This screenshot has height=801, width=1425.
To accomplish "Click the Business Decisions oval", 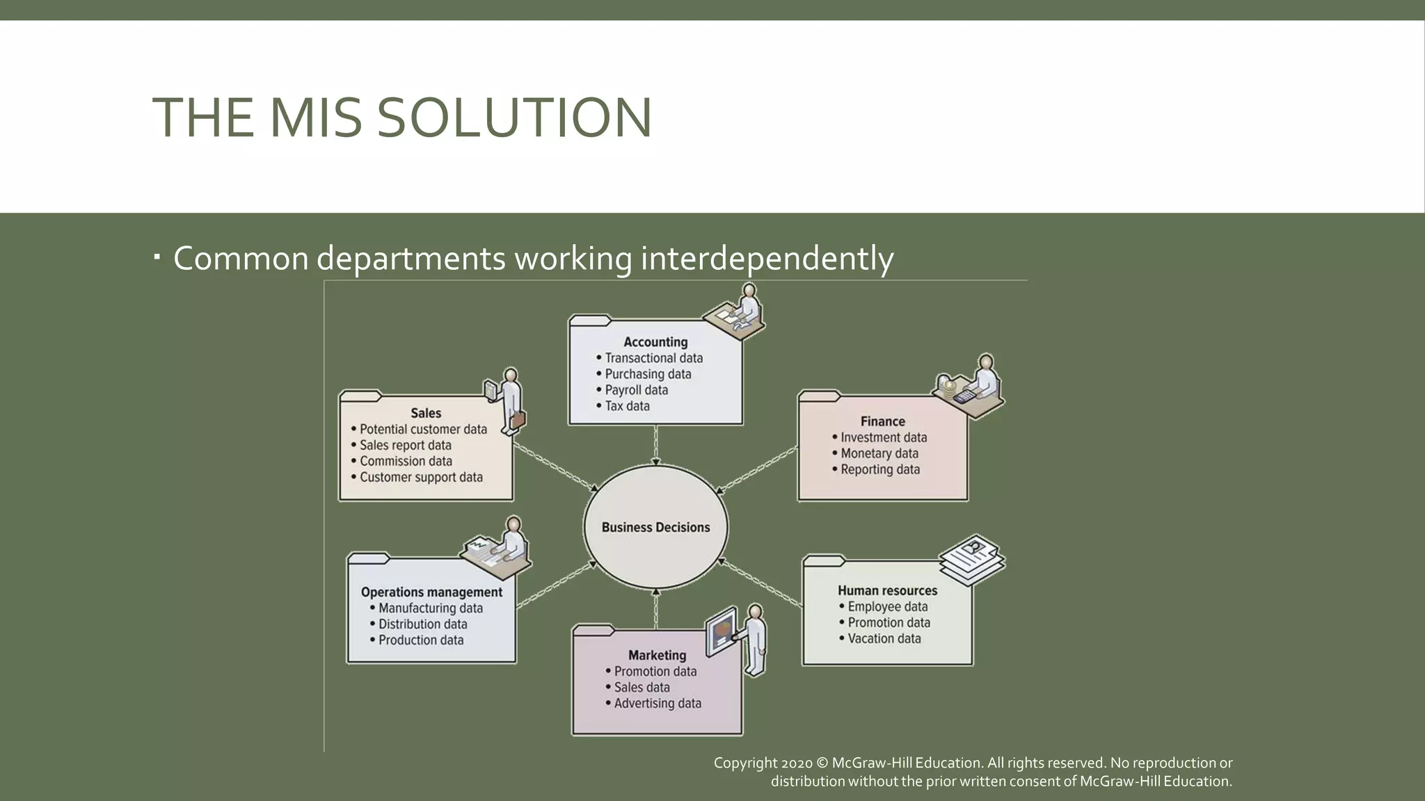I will point(655,527).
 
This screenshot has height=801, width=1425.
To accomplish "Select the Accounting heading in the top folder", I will point(655,342).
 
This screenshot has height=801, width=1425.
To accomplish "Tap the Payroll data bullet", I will point(636,390).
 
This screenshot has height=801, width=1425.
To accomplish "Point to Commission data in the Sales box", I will point(406,461).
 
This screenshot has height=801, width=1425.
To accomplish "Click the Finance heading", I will point(882,421).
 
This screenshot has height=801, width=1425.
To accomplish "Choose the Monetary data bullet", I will point(879,453).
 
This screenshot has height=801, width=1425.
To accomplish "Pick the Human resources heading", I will point(887,590).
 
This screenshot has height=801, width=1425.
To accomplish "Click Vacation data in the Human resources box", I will point(884,638).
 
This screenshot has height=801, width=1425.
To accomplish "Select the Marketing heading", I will point(657,655).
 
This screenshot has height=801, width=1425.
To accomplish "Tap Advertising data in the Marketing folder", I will point(658,703).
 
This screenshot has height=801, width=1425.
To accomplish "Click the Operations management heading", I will point(431,592).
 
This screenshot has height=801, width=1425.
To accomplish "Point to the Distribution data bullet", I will point(422,624).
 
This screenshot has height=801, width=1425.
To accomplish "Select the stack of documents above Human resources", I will point(972,557).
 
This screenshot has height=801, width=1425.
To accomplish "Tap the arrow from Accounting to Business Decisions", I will point(655,445).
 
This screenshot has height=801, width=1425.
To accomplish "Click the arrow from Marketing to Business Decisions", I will point(655,608).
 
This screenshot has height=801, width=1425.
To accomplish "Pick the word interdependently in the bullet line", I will point(767,259).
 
